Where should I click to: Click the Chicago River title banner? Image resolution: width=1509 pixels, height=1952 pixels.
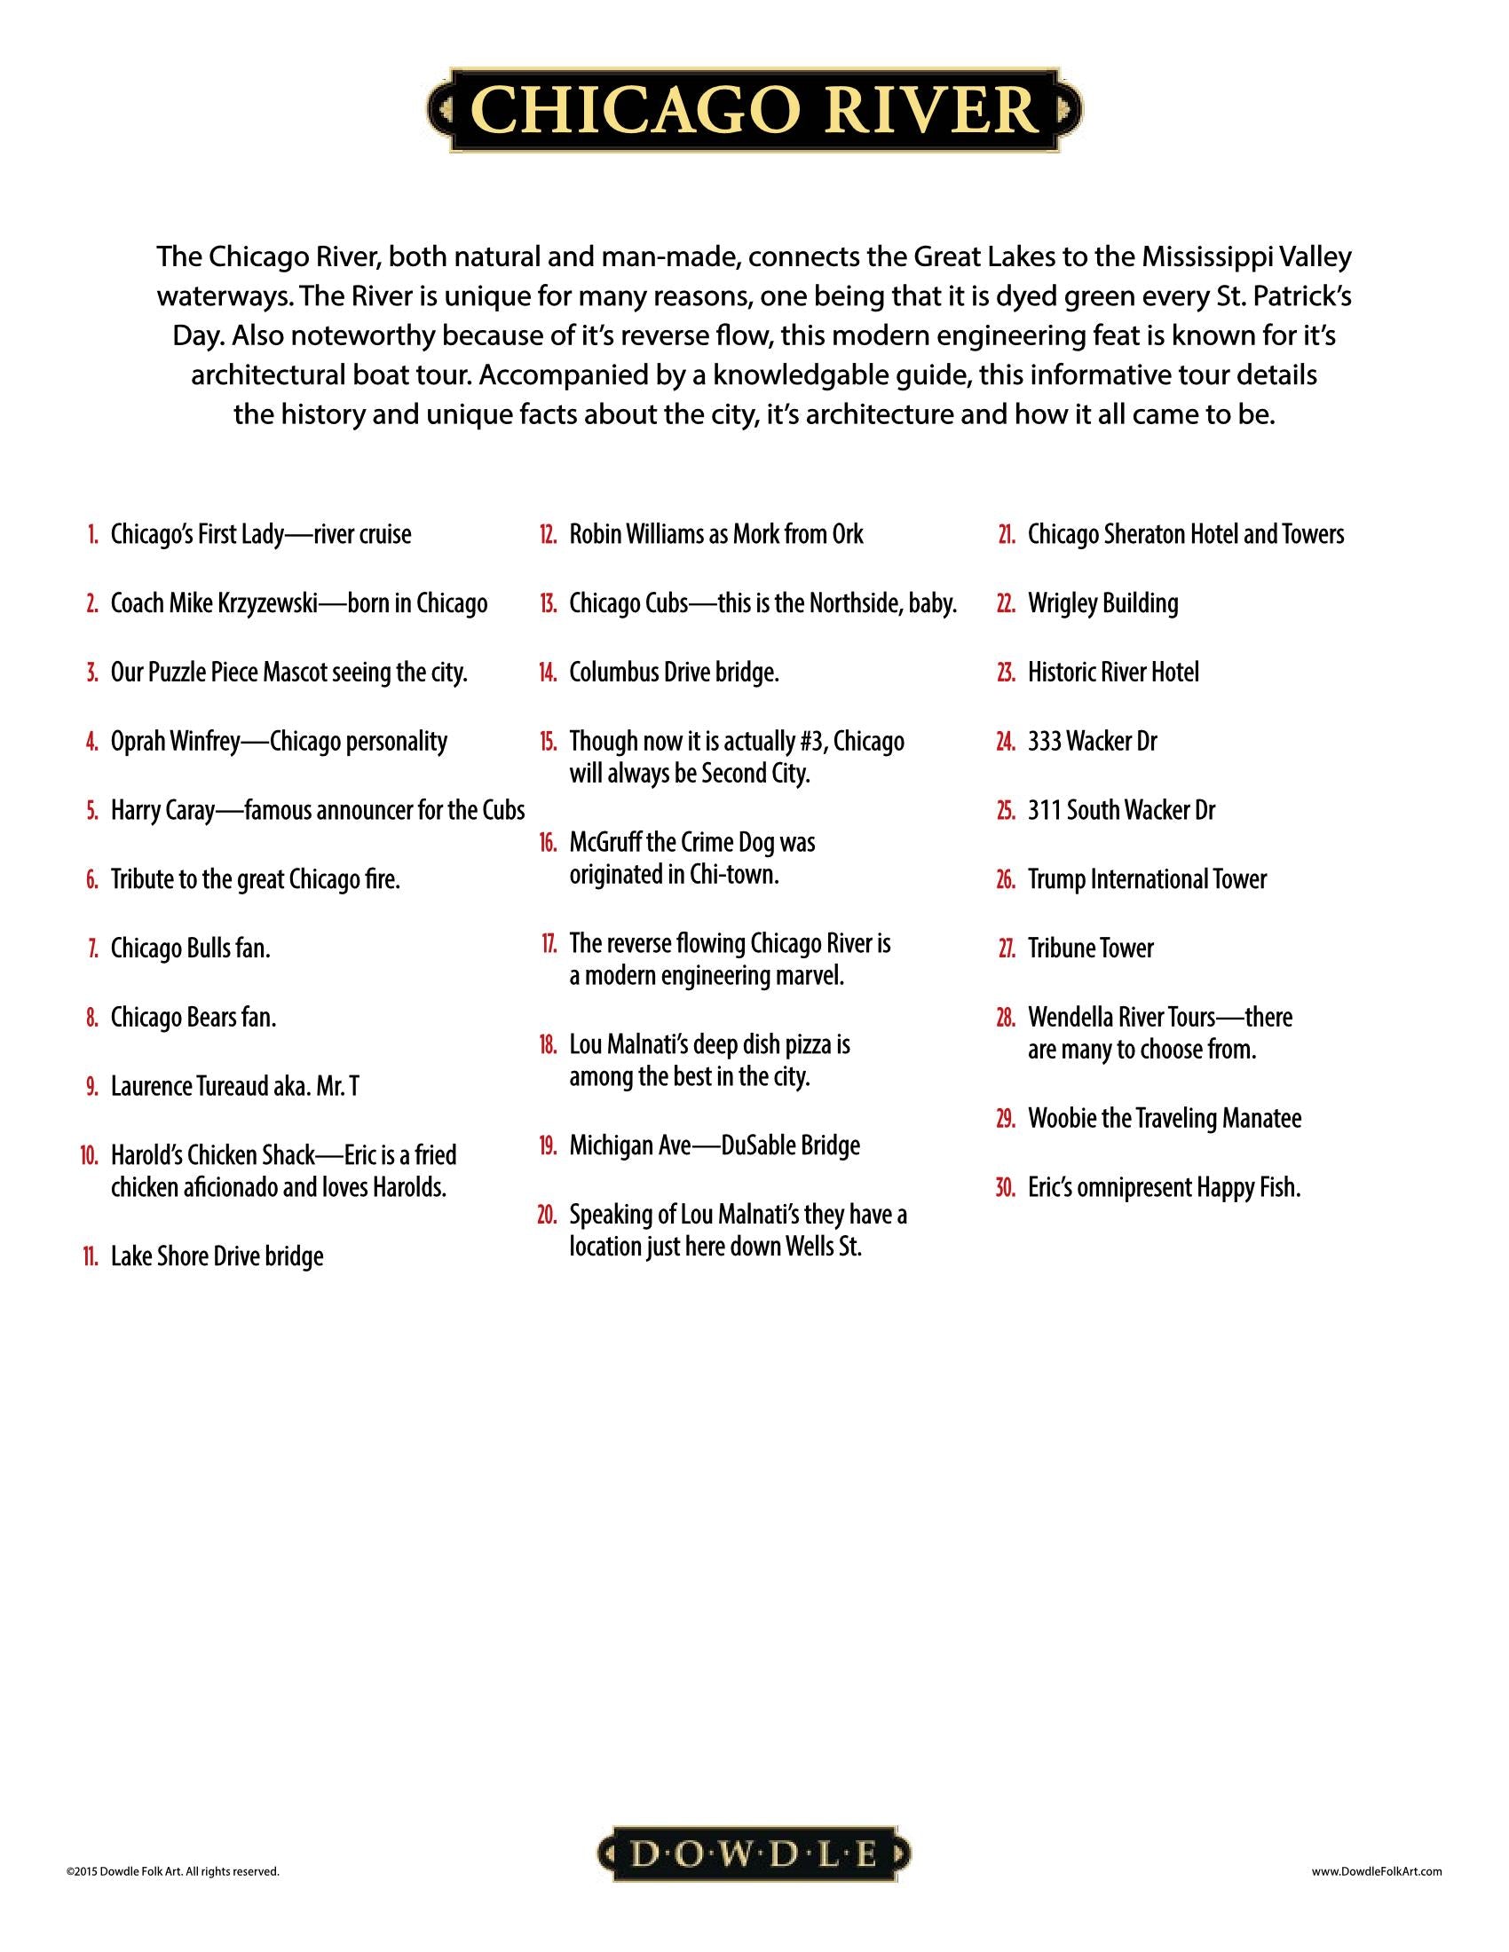tap(754, 110)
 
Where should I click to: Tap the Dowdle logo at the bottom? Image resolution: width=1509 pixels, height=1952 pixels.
tap(754, 1854)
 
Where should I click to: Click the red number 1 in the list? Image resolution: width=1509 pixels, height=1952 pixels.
tap(93, 535)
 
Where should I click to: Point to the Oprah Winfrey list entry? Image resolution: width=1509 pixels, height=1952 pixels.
tap(278, 742)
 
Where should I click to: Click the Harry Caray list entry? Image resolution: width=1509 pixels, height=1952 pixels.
tap(317, 811)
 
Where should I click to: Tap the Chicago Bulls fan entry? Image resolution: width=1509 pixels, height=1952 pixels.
tap(190, 948)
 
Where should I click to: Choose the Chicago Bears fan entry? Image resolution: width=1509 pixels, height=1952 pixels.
tap(194, 1017)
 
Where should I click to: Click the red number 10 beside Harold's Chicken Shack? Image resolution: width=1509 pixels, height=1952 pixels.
tap(90, 1155)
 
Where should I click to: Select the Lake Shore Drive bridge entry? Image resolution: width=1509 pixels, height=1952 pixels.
tap(217, 1256)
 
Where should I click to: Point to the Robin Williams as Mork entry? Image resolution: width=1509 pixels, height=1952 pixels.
tap(715, 535)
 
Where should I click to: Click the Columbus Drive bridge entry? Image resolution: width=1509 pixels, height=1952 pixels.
tap(673, 673)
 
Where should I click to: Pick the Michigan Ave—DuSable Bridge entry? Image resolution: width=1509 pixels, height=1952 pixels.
tap(714, 1145)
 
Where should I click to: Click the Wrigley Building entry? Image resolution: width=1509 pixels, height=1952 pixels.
tap(1102, 604)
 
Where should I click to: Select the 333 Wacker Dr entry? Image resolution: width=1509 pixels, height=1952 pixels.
tap(1092, 742)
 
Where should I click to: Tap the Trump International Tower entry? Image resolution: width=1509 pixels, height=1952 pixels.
tap(1147, 879)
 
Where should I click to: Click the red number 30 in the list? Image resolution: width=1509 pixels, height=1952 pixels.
tap(1005, 1189)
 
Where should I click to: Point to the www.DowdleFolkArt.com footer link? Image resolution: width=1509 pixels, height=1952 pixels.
tap(1377, 1870)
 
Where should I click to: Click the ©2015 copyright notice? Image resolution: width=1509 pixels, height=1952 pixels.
tap(172, 1870)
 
